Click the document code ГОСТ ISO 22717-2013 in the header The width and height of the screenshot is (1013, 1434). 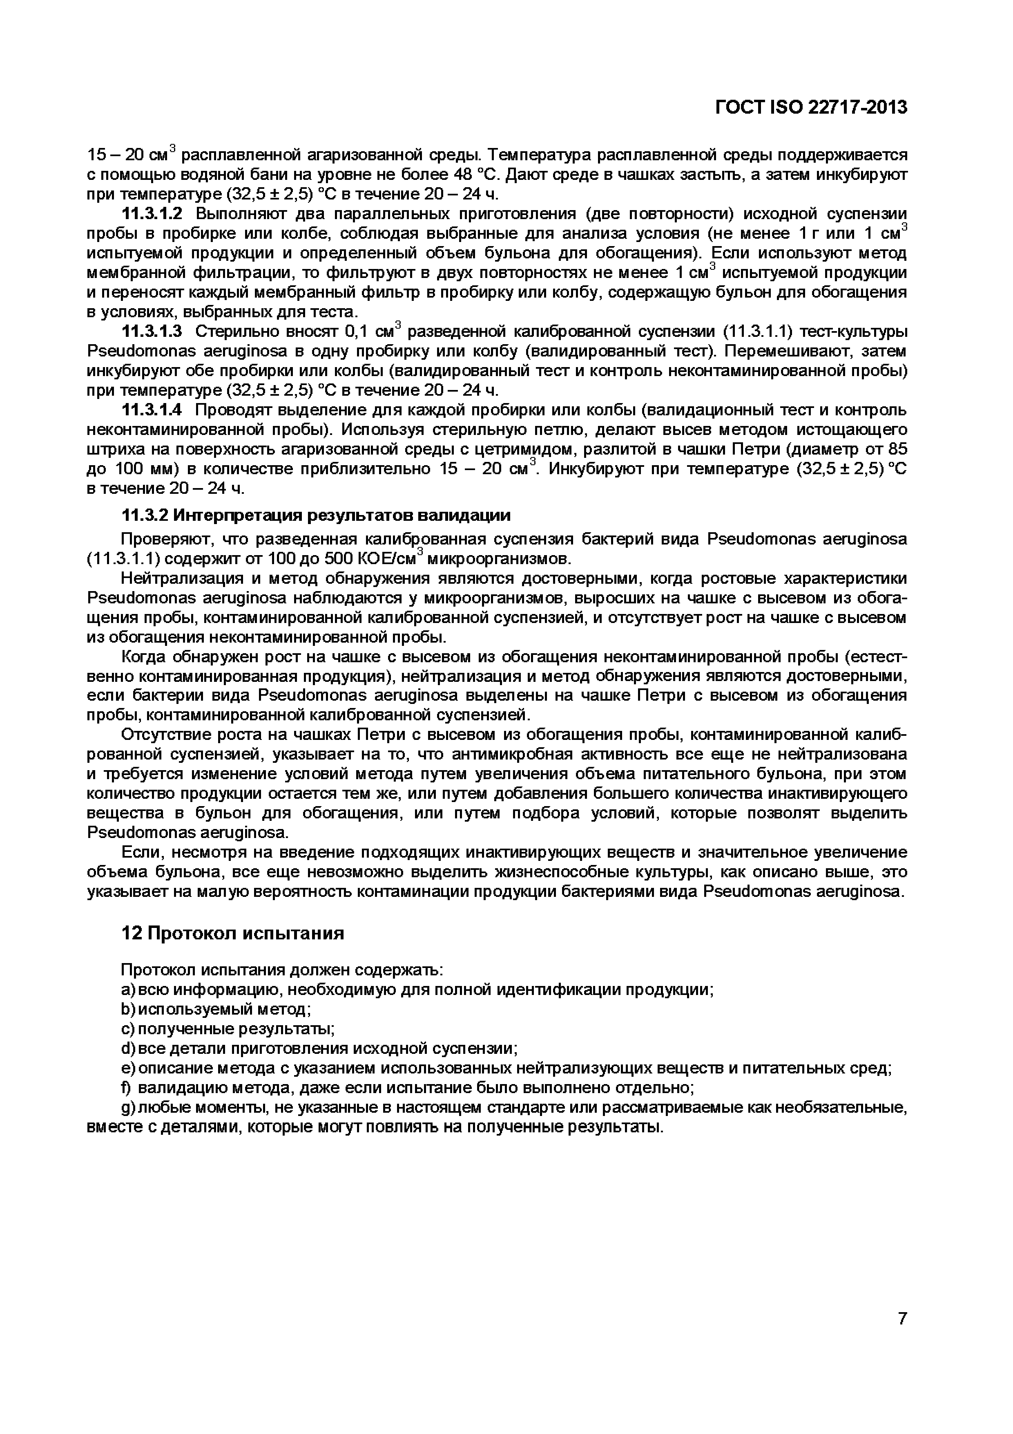810,108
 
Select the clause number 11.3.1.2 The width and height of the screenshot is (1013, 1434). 152,214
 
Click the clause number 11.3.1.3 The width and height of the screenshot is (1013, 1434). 152,331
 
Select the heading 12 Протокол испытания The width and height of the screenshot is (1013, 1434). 232,933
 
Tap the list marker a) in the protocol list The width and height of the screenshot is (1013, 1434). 127,990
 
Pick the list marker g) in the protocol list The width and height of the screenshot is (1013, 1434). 127,1108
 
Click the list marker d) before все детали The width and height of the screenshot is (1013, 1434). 127,1049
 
